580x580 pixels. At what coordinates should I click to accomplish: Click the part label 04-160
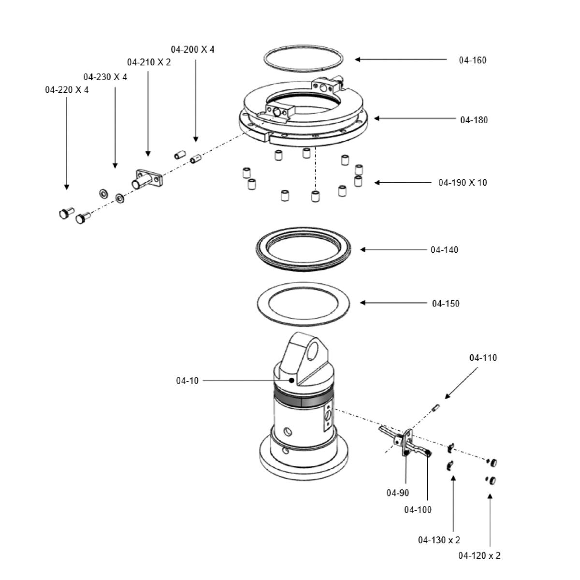(x=472, y=60)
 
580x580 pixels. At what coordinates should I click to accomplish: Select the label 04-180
(x=474, y=120)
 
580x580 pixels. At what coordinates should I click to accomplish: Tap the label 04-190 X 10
(x=463, y=183)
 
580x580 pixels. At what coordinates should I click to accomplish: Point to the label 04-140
(x=444, y=250)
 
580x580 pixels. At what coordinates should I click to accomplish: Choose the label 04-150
(x=446, y=304)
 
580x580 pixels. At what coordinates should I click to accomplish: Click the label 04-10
(x=187, y=381)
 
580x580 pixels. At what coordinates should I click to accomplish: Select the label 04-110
(x=483, y=358)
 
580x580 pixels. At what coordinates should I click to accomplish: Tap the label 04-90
(x=397, y=493)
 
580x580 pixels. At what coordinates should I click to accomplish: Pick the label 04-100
(x=418, y=510)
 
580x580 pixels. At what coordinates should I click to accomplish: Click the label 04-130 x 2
(x=439, y=540)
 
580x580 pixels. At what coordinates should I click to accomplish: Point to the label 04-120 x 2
(x=479, y=556)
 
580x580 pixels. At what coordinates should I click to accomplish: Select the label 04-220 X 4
(x=67, y=90)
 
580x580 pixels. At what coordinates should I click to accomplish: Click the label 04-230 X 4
(x=105, y=77)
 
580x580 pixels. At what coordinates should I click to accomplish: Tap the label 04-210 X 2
(x=149, y=62)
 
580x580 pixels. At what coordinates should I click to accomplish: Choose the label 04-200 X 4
(x=192, y=49)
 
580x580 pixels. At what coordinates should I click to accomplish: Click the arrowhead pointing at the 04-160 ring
(x=357, y=59)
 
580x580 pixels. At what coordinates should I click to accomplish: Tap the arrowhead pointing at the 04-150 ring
(x=362, y=303)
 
